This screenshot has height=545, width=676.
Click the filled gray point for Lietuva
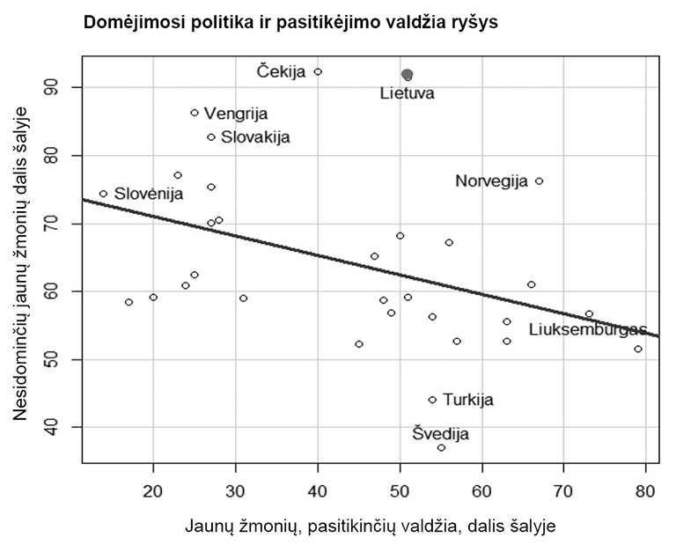point(407,75)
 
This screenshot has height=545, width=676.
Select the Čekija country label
point(282,71)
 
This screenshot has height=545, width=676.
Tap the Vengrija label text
point(236,114)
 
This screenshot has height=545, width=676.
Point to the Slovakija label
point(254,137)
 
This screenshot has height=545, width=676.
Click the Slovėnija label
point(149,194)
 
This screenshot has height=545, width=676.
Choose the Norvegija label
point(491,181)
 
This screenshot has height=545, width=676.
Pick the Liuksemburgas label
point(587,329)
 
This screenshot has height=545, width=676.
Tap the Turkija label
point(467,400)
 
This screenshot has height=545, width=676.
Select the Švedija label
point(441,434)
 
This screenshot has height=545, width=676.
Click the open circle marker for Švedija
point(441,447)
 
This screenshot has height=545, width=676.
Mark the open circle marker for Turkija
point(432,400)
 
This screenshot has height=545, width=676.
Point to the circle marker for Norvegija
point(539,180)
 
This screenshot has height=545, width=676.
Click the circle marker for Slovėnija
point(103,194)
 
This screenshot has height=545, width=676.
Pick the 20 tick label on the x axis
point(153,489)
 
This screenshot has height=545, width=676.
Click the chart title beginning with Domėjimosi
point(290,23)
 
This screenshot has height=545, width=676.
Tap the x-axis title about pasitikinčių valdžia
point(371,526)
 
